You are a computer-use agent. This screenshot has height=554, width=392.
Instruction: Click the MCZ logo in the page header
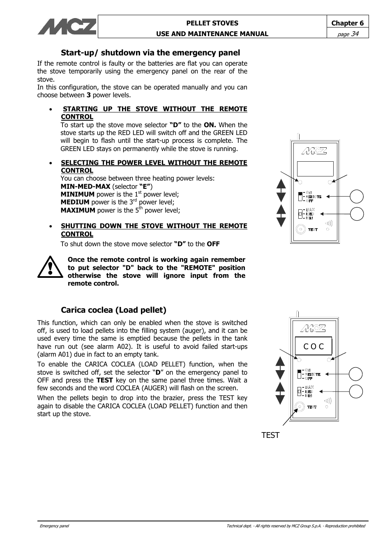[67, 27]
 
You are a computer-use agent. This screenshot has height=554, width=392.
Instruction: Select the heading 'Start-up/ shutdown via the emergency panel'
[150, 53]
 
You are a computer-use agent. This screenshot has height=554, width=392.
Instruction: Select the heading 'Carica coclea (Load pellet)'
[113, 310]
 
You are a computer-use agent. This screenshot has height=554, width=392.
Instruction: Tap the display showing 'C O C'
[314, 346]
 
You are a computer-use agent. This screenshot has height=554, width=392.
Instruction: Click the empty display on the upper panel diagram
[315, 168]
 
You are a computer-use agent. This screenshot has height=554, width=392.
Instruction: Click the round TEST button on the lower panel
[300, 407]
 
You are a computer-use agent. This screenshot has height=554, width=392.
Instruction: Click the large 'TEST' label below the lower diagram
[270, 435]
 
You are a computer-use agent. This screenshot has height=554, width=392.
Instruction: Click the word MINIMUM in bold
[77, 195]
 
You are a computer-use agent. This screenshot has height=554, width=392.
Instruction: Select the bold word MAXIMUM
[78, 211]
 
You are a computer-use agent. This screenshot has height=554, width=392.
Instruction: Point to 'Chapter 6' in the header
[347, 23]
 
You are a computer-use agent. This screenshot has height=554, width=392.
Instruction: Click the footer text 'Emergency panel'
[54, 526]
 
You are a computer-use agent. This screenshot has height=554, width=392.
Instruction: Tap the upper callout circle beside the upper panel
[357, 196]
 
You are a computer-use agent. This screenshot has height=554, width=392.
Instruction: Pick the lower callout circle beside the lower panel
[356, 391]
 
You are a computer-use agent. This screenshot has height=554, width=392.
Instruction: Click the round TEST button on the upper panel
[301, 229]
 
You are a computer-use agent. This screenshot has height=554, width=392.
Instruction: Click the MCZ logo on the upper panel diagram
[314, 151]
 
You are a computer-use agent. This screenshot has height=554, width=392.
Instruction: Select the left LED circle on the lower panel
[299, 360]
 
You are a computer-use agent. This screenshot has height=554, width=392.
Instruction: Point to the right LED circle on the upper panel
[330, 182]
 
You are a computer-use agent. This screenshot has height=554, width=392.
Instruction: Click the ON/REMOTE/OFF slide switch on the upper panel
[300, 197]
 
